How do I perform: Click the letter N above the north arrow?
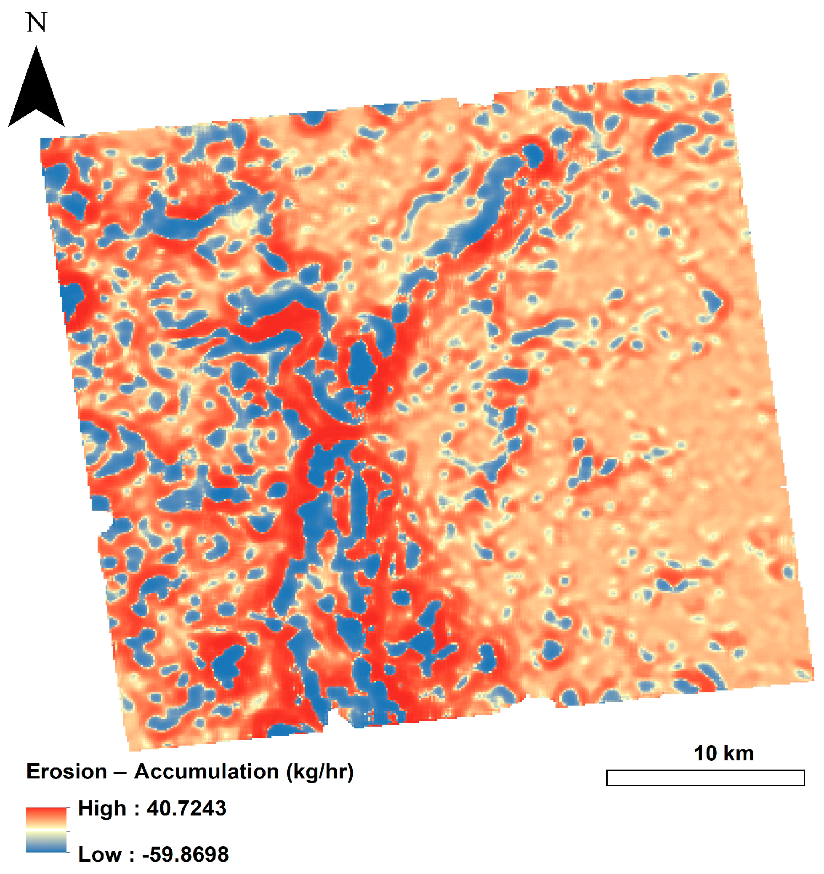point(37,22)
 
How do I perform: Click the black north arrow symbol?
point(37,92)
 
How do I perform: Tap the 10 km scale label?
point(723,753)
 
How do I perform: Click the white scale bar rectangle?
point(705,777)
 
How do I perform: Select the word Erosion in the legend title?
point(66,772)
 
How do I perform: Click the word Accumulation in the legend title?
point(206,772)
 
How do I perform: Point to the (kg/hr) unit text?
point(319,772)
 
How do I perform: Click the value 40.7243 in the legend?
point(186,808)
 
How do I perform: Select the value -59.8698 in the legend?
point(186,854)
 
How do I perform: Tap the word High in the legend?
point(102,808)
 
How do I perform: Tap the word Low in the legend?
point(100,854)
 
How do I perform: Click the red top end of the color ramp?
point(46,812)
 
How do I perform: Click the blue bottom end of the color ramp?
point(46,847)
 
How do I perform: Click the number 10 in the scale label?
point(706,753)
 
